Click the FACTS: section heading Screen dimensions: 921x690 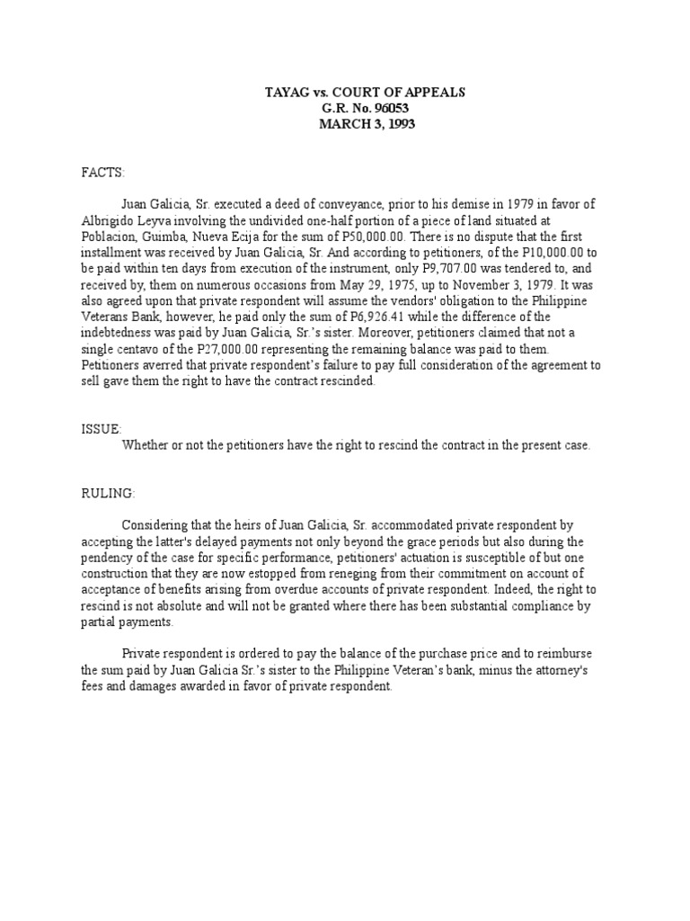click(x=103, y=171)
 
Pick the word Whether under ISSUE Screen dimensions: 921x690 click(x=149, y=445)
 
